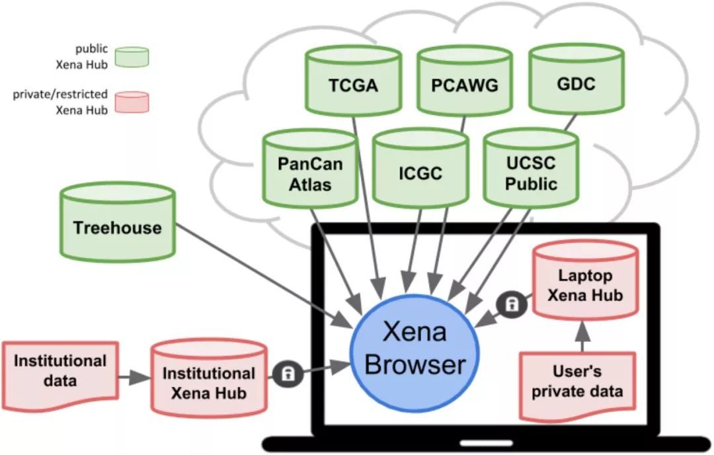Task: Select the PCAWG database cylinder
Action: (x=465, y=85)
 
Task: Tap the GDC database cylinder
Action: (x=576, y=83)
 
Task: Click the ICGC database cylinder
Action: (x=420, y=173)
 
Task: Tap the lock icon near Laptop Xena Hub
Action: (x=512, y=304)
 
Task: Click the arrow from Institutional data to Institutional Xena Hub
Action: (x=134, y=378)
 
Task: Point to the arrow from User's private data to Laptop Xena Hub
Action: (x=582, y=337)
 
